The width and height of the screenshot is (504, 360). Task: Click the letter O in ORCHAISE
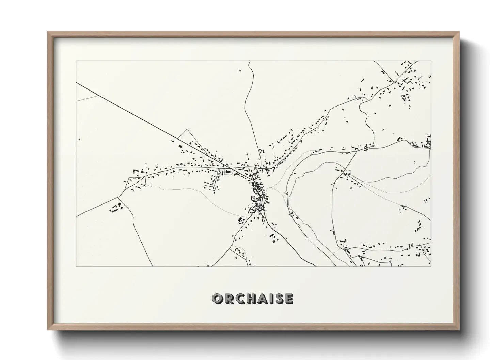coord(217,299)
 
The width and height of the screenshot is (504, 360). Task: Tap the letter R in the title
coord(228,299)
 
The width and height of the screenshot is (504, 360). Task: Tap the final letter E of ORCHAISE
coord(288,299)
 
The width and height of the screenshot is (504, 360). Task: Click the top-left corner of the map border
coord(76,61)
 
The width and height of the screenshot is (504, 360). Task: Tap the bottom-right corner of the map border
coord(431,266)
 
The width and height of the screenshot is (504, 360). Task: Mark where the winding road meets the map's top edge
coord(250,62)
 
